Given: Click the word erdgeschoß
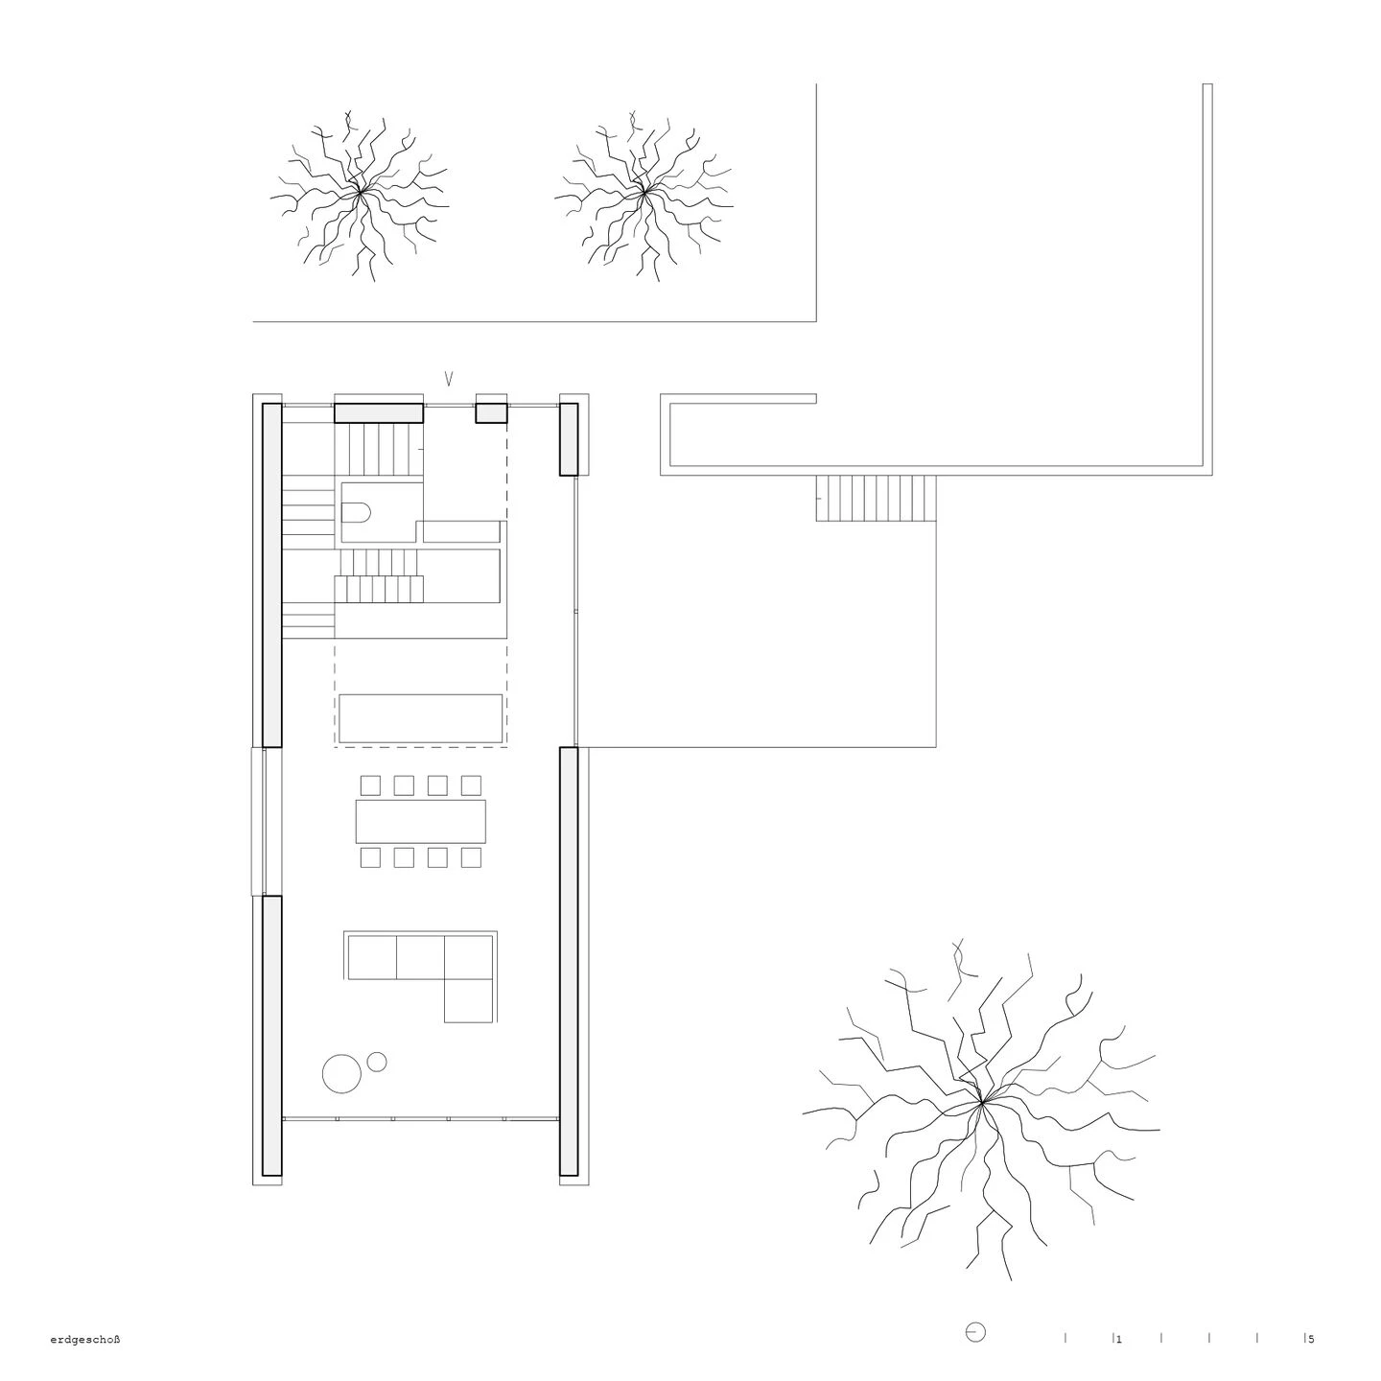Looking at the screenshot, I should tap(84, 1340).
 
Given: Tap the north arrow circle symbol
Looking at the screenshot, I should tap(975, 1333).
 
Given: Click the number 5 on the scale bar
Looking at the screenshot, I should tap(1311, 1339).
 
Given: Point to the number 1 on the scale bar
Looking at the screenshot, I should tap(1118, 1339).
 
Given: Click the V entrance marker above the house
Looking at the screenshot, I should tap(448, 379).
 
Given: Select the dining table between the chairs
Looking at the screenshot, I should tap(420, 821).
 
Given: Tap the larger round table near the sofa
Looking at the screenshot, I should tap(340, 1073).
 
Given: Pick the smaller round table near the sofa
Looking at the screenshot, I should tap(377, 1062).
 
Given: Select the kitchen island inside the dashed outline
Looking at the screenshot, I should tap(420, 718).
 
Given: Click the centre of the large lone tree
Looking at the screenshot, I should tap(981, 1105).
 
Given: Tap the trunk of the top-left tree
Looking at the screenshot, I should tap(360, 195).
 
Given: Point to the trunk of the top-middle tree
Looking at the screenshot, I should tap(644, 193).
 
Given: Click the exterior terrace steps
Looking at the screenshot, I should tap(875, 498).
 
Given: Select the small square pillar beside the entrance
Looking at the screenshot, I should tap(491, 412).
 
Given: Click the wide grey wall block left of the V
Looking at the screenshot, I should tap(378, 412).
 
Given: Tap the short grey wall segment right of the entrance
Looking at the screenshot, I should tap(569, 439).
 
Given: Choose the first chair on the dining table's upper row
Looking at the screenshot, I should tap(369, 785).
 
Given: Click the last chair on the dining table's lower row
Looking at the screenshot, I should tap(471, 857).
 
